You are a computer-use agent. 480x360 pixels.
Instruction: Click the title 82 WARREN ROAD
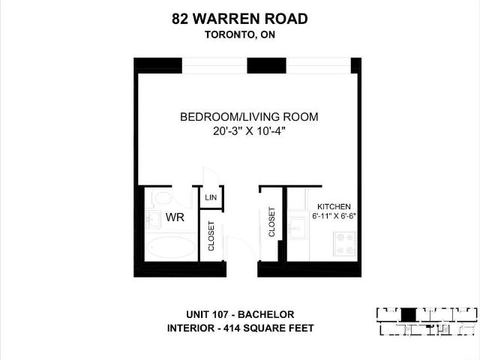click(x=240, y=19)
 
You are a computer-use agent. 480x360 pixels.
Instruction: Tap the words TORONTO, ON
click(x=240, y=34)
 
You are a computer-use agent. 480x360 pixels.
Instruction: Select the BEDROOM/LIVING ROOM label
click(x=249, y=117)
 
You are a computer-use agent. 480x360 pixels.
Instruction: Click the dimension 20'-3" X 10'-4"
click(x=249, y=131)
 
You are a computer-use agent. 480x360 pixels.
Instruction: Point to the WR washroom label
click(x=175, y=217)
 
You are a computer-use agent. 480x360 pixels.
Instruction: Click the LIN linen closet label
click(x=211, y=197)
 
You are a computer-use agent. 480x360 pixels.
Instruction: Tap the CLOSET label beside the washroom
click(x=211, y=235)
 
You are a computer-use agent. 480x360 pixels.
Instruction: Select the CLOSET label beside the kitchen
click(x=271, y=222)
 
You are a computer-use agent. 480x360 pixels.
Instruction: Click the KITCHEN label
click(x=334, y=207)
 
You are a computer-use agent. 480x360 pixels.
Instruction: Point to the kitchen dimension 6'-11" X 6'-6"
click(x=334, y=216)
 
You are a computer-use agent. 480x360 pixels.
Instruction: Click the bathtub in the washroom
click(x=171, y=247)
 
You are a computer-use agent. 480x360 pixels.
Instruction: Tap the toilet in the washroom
click(x=161, y=198)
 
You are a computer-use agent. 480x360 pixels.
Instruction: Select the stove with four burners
click(x=345, y=244)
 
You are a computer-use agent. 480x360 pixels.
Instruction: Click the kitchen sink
click(x=297, y=228)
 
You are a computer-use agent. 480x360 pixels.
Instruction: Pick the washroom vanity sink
click(x=151, y=219)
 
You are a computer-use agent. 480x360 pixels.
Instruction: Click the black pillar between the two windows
click(x=267, y=65)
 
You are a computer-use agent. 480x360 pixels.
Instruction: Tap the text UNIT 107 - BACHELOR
click(x=240, y=314)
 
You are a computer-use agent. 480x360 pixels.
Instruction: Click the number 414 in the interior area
click(x=231, y=328)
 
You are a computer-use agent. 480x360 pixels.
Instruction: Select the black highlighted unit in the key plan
click(x=408, y=315)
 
